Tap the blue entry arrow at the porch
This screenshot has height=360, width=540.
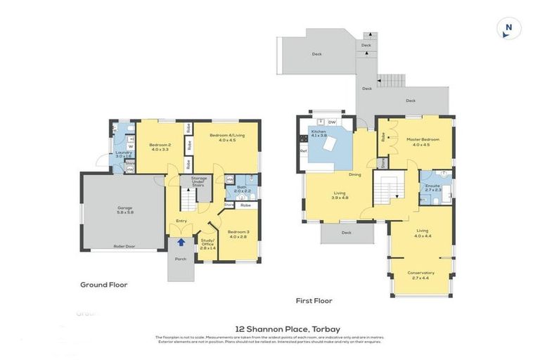[181, 243]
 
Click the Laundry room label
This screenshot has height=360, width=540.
[124, 154]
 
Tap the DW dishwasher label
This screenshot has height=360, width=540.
[332, 122]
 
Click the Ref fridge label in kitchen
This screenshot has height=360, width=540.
[304, 150]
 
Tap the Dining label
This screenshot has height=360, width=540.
[354, 174]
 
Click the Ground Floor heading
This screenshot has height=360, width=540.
[103, 285]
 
